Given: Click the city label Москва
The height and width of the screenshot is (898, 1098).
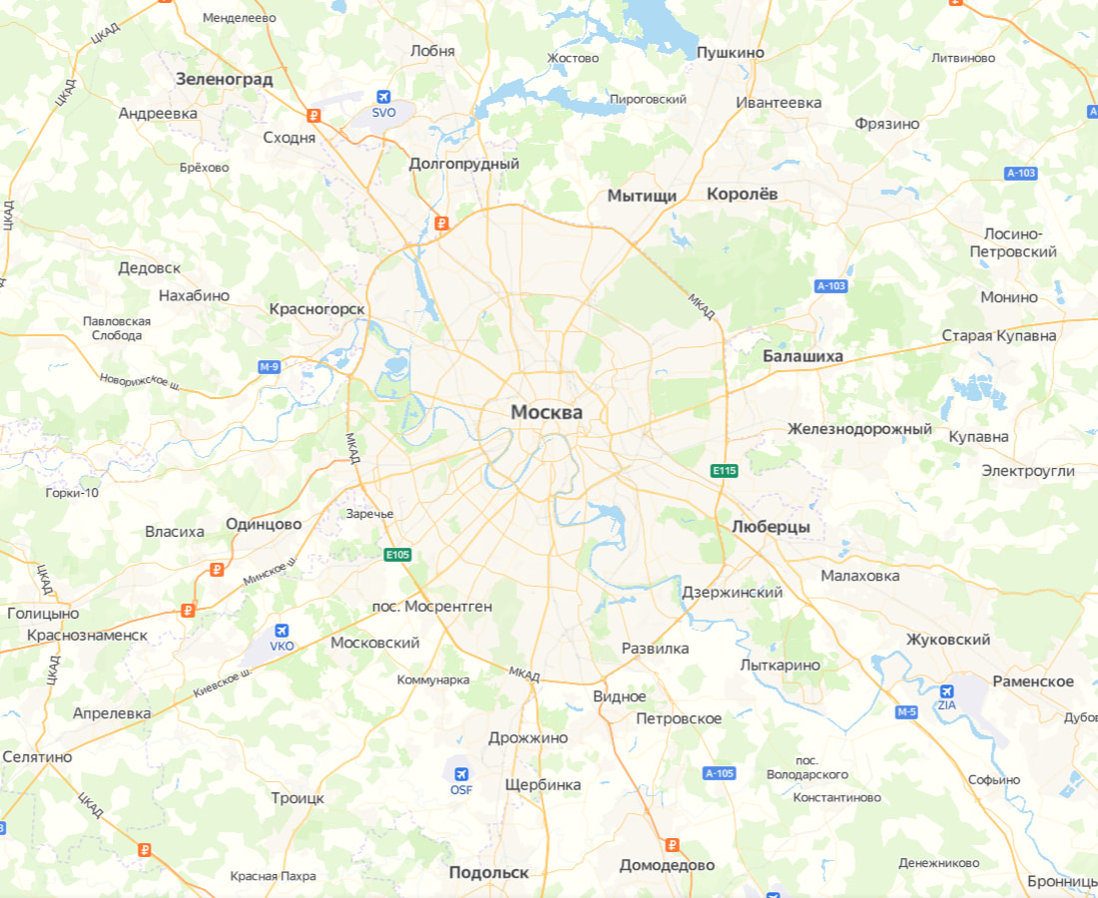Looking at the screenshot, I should [x=546, y=412].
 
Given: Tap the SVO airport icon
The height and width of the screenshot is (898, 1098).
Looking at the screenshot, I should [x=383, y=96].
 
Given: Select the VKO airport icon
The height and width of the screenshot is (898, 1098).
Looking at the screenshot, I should [x=281, y=631].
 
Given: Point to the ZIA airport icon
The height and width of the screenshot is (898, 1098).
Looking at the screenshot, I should [x=946, y=689].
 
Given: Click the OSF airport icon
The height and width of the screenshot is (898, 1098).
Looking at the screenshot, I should [x=460, y=774].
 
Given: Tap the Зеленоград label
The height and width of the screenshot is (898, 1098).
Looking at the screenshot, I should [x=224, y=79].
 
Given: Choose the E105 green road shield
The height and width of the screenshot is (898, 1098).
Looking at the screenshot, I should [x=397, y=555].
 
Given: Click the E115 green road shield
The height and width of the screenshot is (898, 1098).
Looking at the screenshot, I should [x=724, y=470].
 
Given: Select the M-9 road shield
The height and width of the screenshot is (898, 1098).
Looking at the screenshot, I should [x=269, y=367].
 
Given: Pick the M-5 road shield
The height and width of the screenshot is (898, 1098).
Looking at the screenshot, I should [x=905, y=711].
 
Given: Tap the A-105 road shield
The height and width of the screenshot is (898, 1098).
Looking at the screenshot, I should [x=719, y=773].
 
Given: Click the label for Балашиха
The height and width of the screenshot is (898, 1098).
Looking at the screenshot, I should [x=803, y=356].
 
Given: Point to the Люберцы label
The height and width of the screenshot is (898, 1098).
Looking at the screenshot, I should [x=771, y=526].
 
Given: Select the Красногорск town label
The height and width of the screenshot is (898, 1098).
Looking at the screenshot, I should [x=316, y=309].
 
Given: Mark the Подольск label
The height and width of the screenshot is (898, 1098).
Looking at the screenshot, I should [x=488, y=872].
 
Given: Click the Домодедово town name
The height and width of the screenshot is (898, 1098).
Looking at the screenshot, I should [x=667, y=865].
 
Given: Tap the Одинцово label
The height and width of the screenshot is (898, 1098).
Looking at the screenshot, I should [x=264, y=524].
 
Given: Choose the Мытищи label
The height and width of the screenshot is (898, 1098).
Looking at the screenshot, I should [x=642, y=196].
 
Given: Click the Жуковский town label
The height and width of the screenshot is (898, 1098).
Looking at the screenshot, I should [x=948, y=640].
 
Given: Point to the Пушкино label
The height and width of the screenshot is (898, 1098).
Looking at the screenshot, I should [x=731, y=52].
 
